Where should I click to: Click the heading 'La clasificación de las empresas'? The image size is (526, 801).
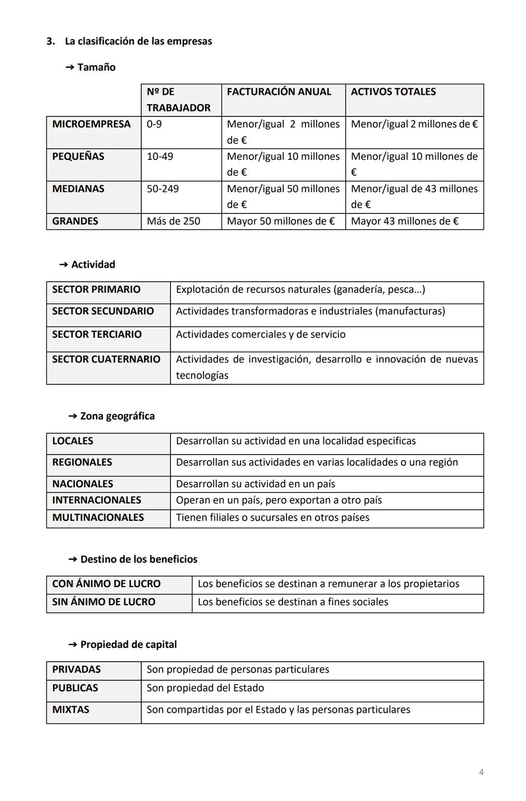tap(138, 41)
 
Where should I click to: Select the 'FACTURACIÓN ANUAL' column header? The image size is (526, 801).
tap(279, 92)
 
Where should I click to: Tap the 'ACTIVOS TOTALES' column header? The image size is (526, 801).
tap(393, 92)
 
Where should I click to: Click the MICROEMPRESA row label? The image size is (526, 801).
tap(91, 124)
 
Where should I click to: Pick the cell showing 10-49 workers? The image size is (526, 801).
tap(160, 156)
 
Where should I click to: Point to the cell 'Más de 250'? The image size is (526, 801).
tap(173, 221)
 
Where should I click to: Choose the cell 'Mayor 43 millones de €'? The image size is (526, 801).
tap(404, 221)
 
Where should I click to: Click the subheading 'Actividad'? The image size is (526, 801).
tap(93, 265)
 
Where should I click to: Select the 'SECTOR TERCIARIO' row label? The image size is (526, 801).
tap(96, 334)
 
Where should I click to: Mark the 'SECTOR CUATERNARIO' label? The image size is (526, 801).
tap(106, 359)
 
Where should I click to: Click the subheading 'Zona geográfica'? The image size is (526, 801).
tap(117, 416)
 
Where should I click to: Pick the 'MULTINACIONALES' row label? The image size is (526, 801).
tap(98, 517)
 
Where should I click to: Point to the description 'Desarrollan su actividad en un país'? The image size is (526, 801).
tap(255, 484)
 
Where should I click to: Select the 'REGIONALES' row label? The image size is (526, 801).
tap(82, 462)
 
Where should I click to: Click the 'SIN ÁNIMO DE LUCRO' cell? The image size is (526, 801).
tap(103, 602)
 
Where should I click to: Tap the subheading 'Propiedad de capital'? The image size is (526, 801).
tap(128, 645)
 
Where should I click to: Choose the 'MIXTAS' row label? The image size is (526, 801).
tap(71, 709)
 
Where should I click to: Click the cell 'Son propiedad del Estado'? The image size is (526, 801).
tap(205, 688)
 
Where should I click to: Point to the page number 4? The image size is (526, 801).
tap(481, 772)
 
